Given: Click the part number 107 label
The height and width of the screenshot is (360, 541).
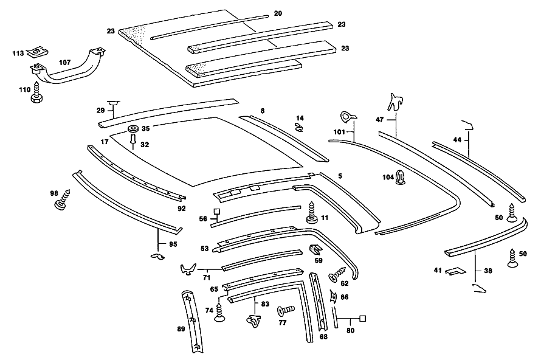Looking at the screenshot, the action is click(x=65, y=63).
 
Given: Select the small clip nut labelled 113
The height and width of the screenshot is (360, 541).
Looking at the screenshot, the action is click(x=38, y=52).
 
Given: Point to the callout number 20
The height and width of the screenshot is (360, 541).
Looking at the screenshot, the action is click(x=278, y=13).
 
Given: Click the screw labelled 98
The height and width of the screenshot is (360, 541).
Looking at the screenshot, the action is click(x=63, y=199).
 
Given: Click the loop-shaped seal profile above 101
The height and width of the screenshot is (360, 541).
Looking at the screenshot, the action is click(x=348, y=117).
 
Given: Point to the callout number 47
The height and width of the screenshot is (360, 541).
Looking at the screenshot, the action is click(x=379, y=120).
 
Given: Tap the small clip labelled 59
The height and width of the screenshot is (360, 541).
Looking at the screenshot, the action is click(x=315, y=250).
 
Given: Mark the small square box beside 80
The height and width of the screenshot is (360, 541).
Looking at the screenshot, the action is click(x=363, y=318).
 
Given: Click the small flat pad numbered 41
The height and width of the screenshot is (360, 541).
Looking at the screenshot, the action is click(x=455, y=271).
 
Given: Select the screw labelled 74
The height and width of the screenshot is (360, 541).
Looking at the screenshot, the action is click(x=219, y=313).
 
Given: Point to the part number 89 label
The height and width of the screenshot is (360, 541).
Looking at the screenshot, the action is click(x=181, y=329).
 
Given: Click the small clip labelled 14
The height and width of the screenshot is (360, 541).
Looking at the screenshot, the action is click(x=299, y=127).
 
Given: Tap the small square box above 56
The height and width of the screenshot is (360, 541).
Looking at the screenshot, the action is click(x=216, y=211).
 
